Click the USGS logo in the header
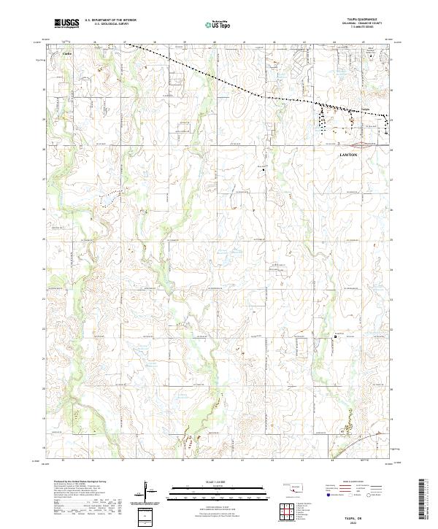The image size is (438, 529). [x=66, y=23]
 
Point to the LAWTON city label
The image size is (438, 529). [x=350, y=155]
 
